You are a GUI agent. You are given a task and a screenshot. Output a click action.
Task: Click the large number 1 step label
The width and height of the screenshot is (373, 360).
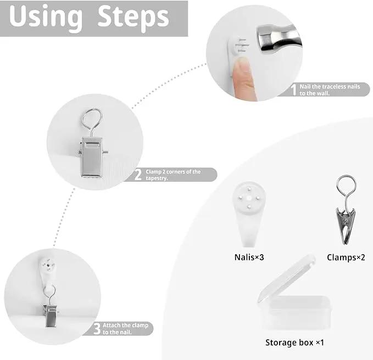tap(294, 89)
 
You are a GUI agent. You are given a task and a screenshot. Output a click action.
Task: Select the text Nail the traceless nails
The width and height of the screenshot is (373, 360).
tap(330, 87)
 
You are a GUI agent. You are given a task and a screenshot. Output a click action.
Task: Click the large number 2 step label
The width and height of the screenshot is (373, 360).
tap(138, 175)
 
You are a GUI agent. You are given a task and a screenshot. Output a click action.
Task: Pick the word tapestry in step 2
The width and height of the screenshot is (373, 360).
tap(157, 178)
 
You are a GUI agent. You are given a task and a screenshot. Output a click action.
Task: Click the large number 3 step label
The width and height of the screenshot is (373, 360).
tap(97, 328)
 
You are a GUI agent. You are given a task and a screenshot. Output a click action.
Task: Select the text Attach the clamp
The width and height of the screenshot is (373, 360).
tap(125, 325)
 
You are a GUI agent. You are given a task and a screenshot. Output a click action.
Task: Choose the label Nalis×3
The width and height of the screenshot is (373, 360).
tap(249, 257)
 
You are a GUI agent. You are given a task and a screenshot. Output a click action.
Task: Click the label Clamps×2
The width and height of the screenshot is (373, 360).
tap(346, 257)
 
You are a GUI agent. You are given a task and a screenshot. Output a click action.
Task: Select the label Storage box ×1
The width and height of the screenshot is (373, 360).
tap(294, 342)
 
